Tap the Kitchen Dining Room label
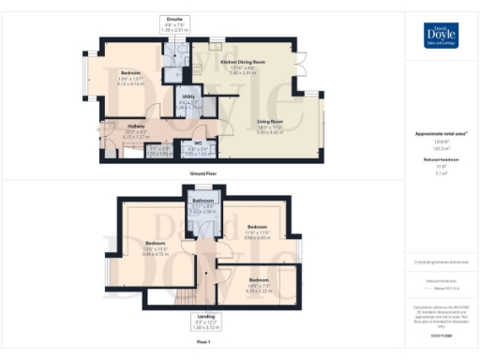(241, 62)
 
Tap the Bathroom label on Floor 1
(203, 201)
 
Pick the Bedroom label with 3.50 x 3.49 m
(258, 227)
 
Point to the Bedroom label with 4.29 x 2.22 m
(260, 280)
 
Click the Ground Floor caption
(203, 172)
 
